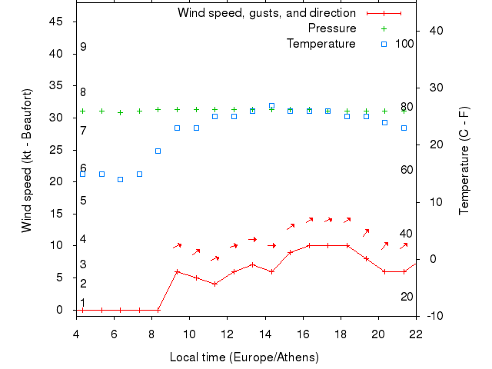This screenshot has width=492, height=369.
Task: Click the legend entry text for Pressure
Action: (332, 28)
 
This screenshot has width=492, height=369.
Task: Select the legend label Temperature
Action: (321, 44)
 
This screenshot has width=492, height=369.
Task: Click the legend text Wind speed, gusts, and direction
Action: (267, 13)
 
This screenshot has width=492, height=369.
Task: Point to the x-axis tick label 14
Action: (265, 334)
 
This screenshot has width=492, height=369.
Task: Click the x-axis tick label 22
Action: (416, 334)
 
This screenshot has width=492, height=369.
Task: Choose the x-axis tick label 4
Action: (76, 334)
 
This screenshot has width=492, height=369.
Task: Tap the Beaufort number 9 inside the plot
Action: (83, 48)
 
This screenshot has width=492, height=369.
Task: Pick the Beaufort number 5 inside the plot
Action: (83, 201)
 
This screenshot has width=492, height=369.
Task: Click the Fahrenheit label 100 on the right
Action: (404, 44)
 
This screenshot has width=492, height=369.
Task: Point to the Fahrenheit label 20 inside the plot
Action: (407, 297)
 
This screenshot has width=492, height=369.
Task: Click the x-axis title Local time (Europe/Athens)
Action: (244, 357)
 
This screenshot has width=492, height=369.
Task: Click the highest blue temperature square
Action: (271, 106)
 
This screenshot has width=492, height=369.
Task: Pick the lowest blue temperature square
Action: (120, 180)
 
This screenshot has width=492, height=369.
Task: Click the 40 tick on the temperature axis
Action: (435, 31)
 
